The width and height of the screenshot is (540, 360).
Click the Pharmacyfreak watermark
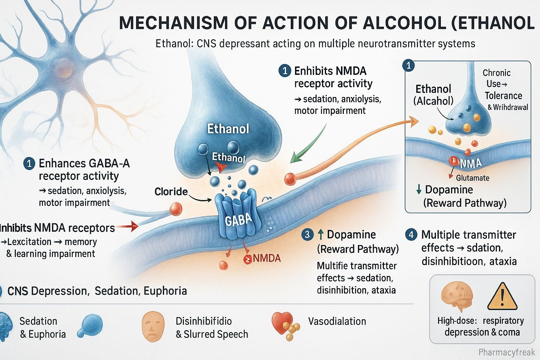coord(507,352)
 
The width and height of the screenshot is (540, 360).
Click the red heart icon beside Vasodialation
coord(282,321)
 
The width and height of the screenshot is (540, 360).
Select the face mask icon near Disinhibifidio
coord(153,327)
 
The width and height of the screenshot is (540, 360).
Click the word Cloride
coord(171,192)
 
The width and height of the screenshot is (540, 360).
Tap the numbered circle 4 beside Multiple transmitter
coord(411,234)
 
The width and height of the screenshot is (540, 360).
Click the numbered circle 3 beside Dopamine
coord(308,234)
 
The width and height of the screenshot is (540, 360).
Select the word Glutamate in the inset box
coord(472,178)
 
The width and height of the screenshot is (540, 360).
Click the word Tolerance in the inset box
coord(503,96)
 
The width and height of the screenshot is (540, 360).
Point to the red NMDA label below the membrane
coord(266,258)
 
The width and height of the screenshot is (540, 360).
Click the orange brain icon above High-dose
coord(456,297)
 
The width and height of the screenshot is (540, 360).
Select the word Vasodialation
coord(337,321)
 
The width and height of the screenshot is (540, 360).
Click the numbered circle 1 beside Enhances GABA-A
coord(30,163)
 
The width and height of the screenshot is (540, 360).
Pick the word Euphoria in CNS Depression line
coord(165,291)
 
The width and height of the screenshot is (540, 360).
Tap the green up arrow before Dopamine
coord(320,234)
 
